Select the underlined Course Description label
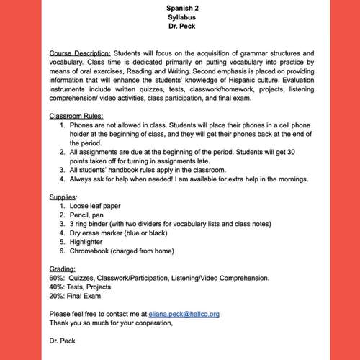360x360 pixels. point(80,54)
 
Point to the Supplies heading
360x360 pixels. point(63,197)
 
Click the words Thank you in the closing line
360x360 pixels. point(65,323)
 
